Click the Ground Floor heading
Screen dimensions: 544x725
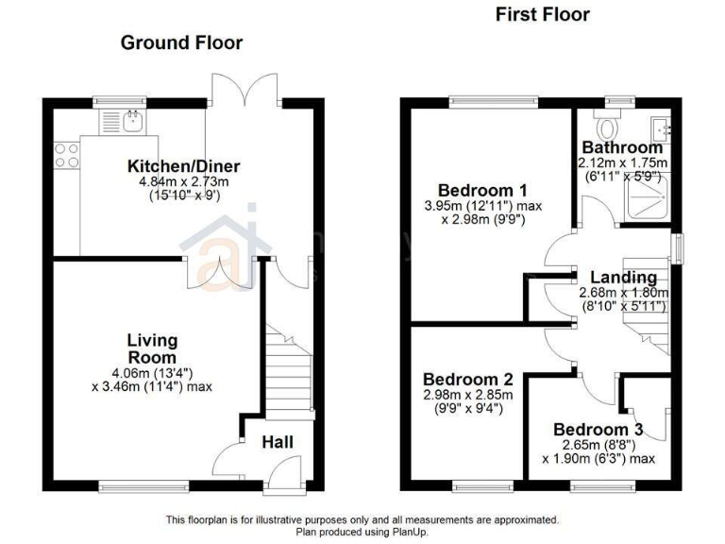pyautogui.click(x=180, y=42)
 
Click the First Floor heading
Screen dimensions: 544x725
pyautogui.click(x=542, y=14)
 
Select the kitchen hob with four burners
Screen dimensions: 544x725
pyautogui.click(x=66, y=155)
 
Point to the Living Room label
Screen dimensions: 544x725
pyautogui.click(x=152, y=348)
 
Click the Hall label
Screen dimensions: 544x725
pyautogui.click(x=278, y=442)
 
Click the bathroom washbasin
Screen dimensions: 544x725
pyautogui.click(x=662, y=127)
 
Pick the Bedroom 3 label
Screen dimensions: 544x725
pyautogui.click(x=599, y=428)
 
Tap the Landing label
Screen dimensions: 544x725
pyautogui.click(x=623, y=278)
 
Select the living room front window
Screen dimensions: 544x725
pyautogui.click(x=130, y=486)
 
